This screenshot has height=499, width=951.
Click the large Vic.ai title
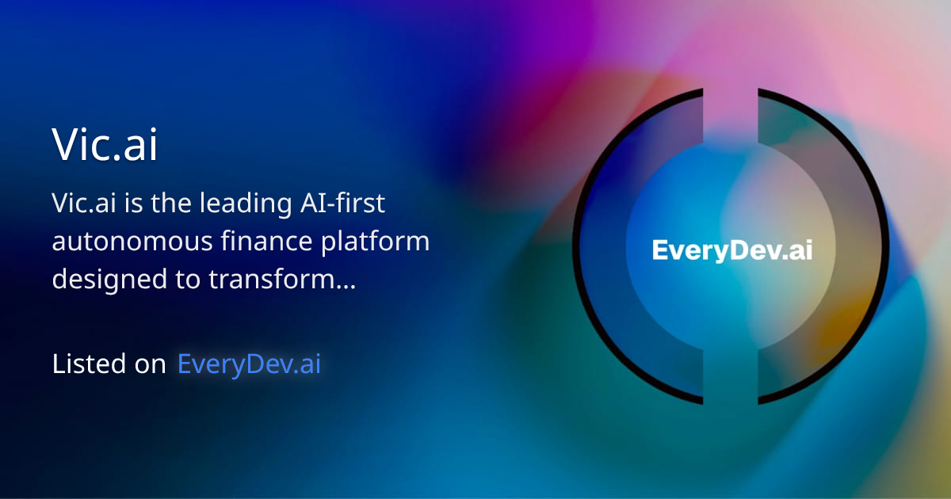[x=105, y=145]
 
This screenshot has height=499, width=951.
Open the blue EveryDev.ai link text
[x=249, y=364]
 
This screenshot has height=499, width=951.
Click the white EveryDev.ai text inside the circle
[x=731, y=250]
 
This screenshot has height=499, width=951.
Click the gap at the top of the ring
[x=731, y=99]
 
